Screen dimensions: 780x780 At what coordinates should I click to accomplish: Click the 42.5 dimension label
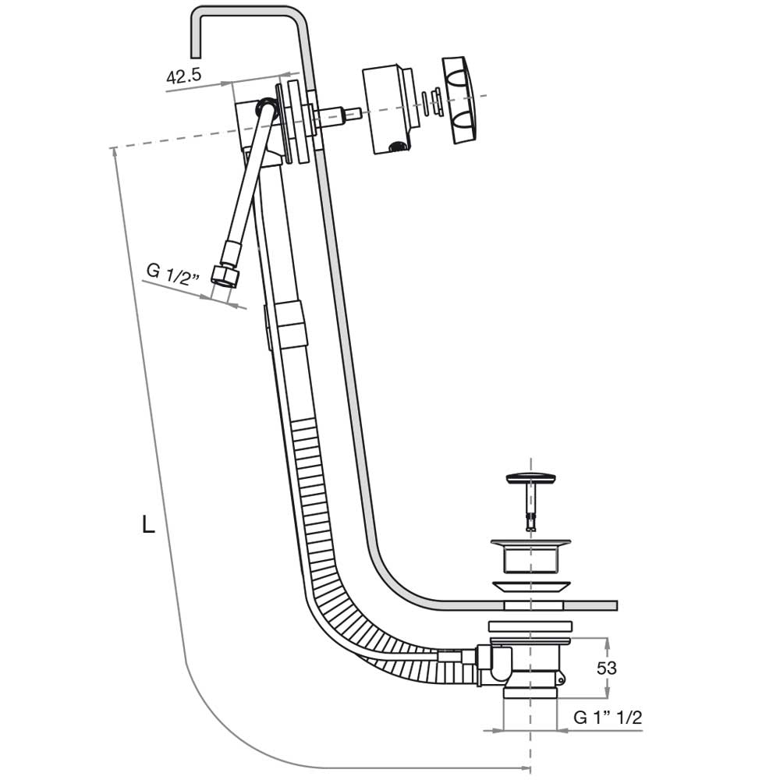point(184,76)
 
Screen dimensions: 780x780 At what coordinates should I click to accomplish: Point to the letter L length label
point(148,524)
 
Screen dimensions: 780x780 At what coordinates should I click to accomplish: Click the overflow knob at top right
point(461,99)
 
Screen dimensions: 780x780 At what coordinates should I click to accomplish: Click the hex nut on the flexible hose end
point(225,278)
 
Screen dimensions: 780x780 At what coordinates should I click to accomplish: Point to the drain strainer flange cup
point(530,554)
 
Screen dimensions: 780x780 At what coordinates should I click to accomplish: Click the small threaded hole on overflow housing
point(396,145)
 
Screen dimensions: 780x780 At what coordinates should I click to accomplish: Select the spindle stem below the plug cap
point(530,507)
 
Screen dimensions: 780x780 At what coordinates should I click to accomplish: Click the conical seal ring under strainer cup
point(530,587)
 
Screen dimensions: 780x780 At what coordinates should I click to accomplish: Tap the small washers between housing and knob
point(431,101)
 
